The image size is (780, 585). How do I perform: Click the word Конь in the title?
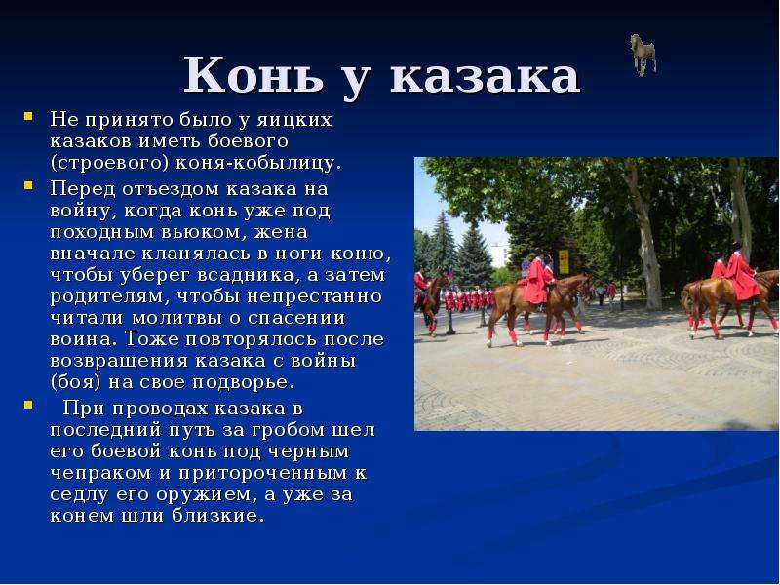(253, 75)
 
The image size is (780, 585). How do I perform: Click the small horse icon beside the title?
(643, 55)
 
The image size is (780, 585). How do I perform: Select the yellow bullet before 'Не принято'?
(28, 117)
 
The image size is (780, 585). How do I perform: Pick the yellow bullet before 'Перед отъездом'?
(28, 186)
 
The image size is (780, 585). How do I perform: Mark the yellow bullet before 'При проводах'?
(28, 405)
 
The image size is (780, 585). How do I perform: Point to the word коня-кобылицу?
(259, 164)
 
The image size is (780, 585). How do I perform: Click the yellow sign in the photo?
(564, 261)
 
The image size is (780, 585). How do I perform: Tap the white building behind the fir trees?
(500, 254)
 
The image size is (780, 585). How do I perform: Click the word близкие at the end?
(217, 516)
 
